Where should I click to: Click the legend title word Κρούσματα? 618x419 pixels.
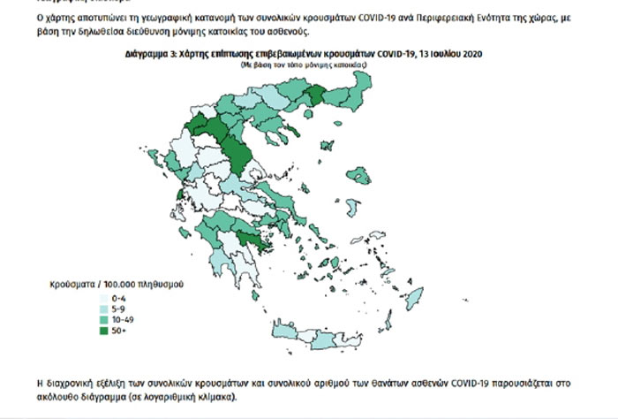[x=72, y=286]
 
